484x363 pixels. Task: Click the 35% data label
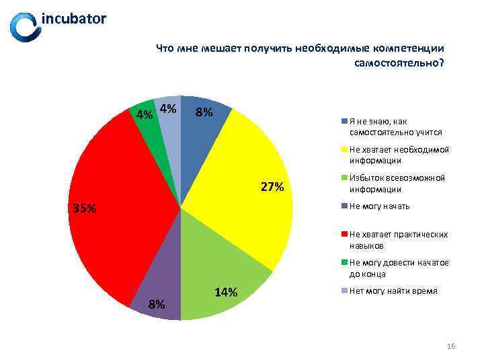click(x=85, y=208)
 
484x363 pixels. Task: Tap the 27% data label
click(x=272, y=188)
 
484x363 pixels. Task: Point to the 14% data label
click(x=225, y=292)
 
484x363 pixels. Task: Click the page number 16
click(x=451, y=346)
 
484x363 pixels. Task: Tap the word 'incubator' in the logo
click(x=74, y=19)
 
